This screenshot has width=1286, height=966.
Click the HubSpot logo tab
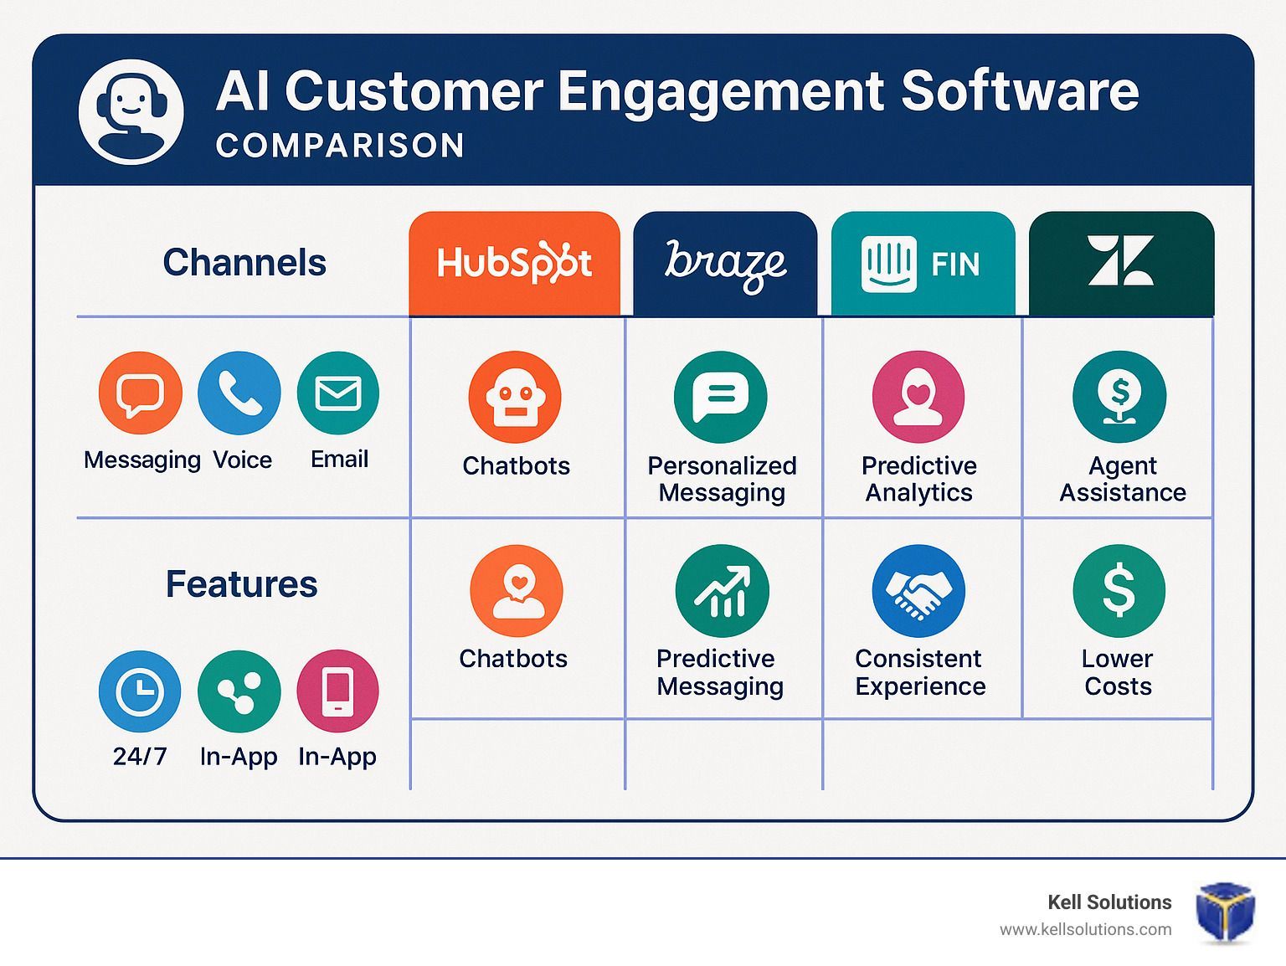click(514, 264)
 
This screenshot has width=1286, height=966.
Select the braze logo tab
click(725, 264)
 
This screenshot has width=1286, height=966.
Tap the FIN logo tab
click(923, 264)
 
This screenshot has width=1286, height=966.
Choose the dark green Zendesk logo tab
click(1121, 264)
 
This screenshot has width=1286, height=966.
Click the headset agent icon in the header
click(131, 112)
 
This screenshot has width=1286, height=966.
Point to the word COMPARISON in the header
click(341, 146)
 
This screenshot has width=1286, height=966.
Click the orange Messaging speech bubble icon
click(141, 393)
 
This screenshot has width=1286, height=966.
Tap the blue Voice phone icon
click(239, 393)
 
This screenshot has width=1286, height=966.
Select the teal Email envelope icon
click(338, 393)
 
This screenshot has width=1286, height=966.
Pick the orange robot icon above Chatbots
click(515, 397)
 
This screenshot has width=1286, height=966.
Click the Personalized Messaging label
click(722, 479)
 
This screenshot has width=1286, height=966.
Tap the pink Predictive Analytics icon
click(918, 397)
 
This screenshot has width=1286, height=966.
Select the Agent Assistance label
click(1123, 479)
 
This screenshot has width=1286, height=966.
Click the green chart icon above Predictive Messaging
click(723, 591)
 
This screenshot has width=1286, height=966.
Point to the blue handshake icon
click(918, 591)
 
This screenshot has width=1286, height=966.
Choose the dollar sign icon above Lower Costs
click(1119, 591)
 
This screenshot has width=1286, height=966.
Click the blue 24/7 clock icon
click(140, 691)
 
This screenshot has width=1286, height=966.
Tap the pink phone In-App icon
click(338, 691)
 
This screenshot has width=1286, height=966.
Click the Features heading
click(241, 584)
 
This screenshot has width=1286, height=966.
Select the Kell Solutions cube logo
click(1225, 912)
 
